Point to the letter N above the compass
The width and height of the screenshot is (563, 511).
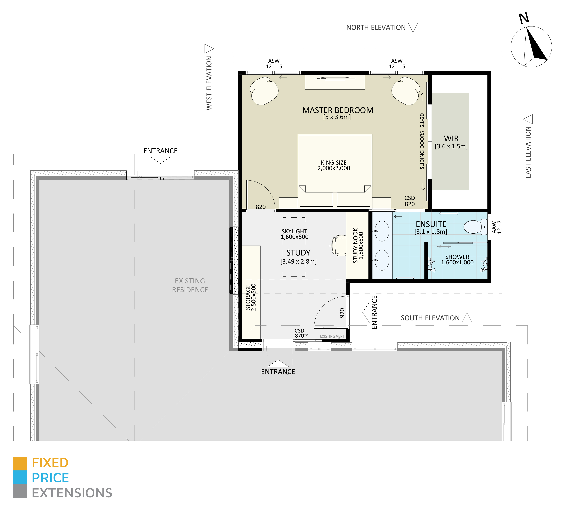tap(524, 18)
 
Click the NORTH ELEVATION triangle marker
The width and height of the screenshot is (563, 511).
tap(413, 27)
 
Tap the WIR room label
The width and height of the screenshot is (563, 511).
tap(451, 139)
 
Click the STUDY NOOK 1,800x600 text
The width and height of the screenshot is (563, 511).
tap(358, 246)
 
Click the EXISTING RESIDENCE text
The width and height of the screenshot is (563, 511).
tap(190, 285)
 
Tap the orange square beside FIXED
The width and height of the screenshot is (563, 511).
tap(20, 463)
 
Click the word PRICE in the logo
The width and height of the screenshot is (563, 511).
tap(50, 478)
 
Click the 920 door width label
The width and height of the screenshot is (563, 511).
tap(342, 313)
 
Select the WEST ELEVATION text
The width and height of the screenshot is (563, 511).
tap(209, 83)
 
